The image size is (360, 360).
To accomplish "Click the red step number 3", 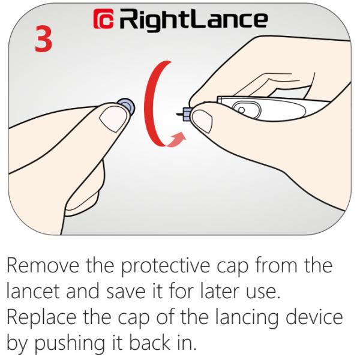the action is click(43, 38).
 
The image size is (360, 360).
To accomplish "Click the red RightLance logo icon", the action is click(104, 19).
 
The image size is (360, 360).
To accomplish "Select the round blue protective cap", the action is click(127, 106).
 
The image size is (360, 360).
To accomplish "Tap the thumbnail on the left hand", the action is click(113, 119).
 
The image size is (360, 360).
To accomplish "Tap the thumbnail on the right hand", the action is click(202, 121).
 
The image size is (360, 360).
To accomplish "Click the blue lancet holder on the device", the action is click(187, 114).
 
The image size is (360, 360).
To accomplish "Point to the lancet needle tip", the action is click(177, 114).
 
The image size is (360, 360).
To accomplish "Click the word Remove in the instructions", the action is click(43, 266).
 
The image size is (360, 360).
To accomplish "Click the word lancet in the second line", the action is click(33, 291).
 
